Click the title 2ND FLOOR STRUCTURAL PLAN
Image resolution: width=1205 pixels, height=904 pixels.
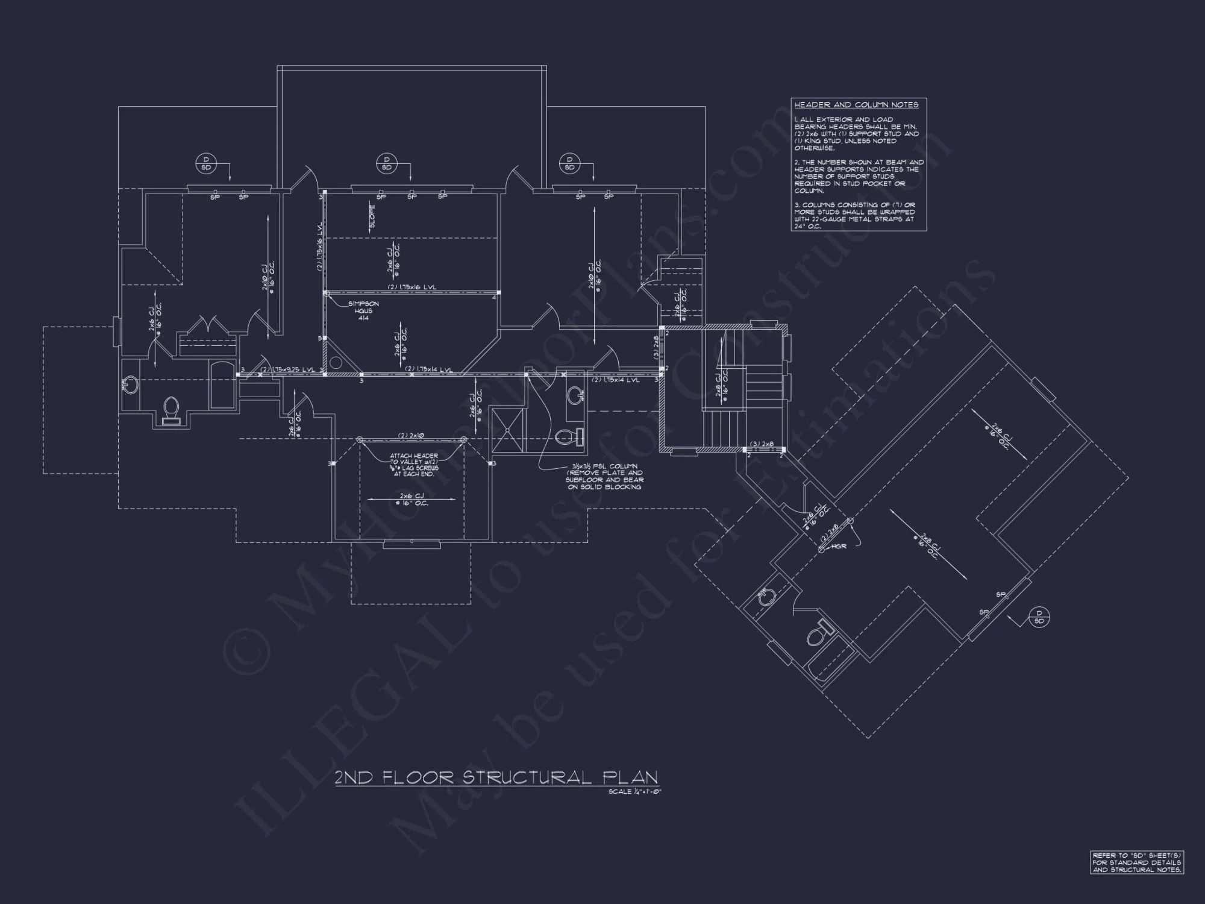tap(496, 777)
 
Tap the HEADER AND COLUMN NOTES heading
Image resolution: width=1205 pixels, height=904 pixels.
tap(856, 105)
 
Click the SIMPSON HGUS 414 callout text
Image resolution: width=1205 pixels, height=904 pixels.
tap(363, 310)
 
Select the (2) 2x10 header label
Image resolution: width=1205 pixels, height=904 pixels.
tap(412, 435)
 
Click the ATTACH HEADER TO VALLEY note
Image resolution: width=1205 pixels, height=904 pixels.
tap(414, 465)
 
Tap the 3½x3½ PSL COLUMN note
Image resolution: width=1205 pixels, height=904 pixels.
tap(604, 476)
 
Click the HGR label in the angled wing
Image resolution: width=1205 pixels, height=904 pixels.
tap(839, 547)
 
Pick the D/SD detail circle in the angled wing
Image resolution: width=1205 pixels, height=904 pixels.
tap(1039, 617)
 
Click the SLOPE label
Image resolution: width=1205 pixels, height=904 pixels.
tap(372, 216)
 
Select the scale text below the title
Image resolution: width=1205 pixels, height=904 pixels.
tap(634, 792)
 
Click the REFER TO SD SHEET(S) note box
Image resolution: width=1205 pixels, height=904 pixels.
tap(1136, 862)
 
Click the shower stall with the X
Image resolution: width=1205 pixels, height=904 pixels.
tap(508, 430)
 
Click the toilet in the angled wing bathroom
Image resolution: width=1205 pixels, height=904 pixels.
tap(819, 633)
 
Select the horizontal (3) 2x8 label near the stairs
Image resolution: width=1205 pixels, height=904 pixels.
tap(762, 444)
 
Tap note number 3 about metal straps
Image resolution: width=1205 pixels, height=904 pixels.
tap(854, 216)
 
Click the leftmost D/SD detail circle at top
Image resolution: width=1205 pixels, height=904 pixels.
tap(207, 163)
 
